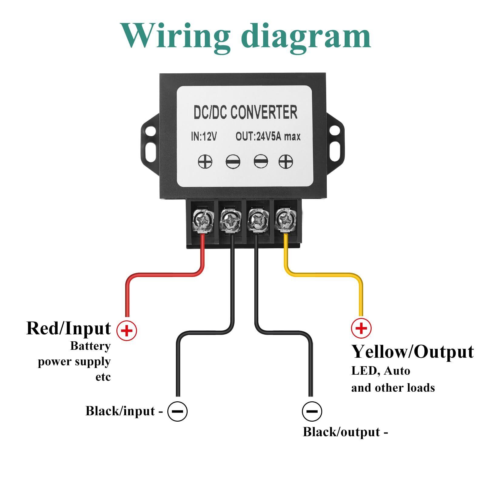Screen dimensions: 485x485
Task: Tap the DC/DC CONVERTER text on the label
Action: (x=245, y=112)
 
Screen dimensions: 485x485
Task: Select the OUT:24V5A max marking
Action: (x=268, y=137)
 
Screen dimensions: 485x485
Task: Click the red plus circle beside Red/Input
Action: (x=127, y=330)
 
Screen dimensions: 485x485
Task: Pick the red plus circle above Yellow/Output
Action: (x=361, y=328)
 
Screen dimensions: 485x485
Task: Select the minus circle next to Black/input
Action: (x=177, y=411)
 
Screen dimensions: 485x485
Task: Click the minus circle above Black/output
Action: (x=312, y=411)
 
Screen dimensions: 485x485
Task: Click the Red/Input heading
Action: (x=69, y=328)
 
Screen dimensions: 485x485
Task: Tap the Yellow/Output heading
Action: (x=412, y=352)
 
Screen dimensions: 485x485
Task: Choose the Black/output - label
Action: (x=345, y=432)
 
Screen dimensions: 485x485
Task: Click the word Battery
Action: (x=90, y=346)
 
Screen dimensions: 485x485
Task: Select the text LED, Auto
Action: (x=380, y=371)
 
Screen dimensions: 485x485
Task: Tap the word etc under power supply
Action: (x=103, y=377)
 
